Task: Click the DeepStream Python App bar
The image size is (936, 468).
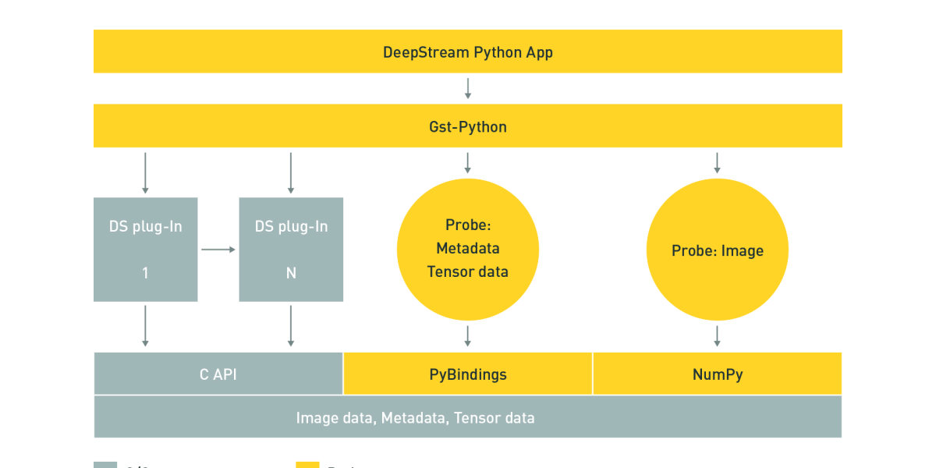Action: [x=468, y=51]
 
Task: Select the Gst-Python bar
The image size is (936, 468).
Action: [x=468, y=126]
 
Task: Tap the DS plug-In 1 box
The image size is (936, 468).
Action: [x=145, y=250]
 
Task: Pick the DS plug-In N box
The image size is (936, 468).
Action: [x=291, y=250]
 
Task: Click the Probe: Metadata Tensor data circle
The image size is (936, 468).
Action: [x=468, y=249]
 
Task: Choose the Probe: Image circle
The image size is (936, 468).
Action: [x=718, y=250]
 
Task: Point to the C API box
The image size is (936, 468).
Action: [x=218, y=374]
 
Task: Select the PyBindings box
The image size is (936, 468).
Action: [x=468, y=374]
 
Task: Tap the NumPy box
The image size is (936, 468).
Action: [x=718, y=374]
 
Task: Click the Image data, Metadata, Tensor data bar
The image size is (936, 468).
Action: [x=468, y=417]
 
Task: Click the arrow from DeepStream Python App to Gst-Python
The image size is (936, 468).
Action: [x=468, y=87]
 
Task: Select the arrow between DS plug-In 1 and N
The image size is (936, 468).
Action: [x=218, y=250]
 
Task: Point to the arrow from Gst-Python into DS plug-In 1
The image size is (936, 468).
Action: [x=145, y=173]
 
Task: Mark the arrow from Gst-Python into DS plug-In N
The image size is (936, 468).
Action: [x=291, y=173]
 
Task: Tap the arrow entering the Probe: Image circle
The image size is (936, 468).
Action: [x=718, y=162]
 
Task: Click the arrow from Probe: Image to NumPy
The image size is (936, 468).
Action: [x=718, y=336]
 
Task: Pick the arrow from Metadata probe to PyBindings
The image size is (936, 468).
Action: [x=468, y=336]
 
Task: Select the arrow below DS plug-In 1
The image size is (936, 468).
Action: [x=145, y=326]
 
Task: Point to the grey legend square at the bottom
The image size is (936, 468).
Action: [x=105, y=465]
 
